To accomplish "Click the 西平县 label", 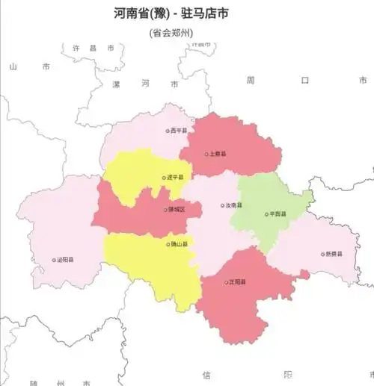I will [x=178, y=131].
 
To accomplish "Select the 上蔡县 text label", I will [x=218, y=155].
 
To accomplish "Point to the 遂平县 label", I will [x=177, y=178].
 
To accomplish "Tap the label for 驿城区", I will [x=177, y=210].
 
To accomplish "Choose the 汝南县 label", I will [x=234, y=205].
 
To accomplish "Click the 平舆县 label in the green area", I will [x=278, y=214].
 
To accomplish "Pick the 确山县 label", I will [x=180, y=244].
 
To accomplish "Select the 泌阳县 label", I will [x=65, y=261].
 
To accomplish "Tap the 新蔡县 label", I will [x=334, y=255].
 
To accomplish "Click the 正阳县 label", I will [x=238, y=282].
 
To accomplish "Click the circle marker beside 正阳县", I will [x=227, y=282].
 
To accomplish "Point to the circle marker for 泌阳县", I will [x=54, y=261].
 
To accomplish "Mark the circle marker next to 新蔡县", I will [x=323, y=255].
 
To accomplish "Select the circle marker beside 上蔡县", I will [x=207, y=155].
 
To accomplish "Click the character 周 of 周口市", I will [x=251, y=80].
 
